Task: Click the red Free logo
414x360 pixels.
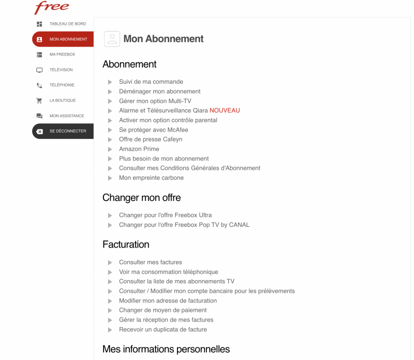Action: (52, 8)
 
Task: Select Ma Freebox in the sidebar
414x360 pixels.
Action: (62, 54)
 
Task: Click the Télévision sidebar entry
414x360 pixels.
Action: (61, 70)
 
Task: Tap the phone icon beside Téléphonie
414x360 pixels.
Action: (39, 85)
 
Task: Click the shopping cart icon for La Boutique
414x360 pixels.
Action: (39, 100)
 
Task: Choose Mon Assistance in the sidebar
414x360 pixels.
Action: (66, 116)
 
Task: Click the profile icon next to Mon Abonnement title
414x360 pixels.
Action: (112, 39)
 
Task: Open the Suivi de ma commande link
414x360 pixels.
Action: (151, 82)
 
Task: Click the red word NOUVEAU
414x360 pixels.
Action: (225, 110)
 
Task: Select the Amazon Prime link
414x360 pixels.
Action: (139, 149)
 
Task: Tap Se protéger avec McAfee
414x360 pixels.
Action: (153, 130)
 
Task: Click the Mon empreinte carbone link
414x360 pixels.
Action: (151, 178)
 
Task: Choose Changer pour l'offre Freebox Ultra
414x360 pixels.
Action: (165, 215)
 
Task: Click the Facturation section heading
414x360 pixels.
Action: (126, 244)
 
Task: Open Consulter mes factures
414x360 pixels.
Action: (150, 262)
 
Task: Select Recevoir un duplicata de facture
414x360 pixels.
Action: (162, 329)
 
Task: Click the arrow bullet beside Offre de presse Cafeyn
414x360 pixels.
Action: (110, 140)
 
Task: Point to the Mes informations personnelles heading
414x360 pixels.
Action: (166, 349)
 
